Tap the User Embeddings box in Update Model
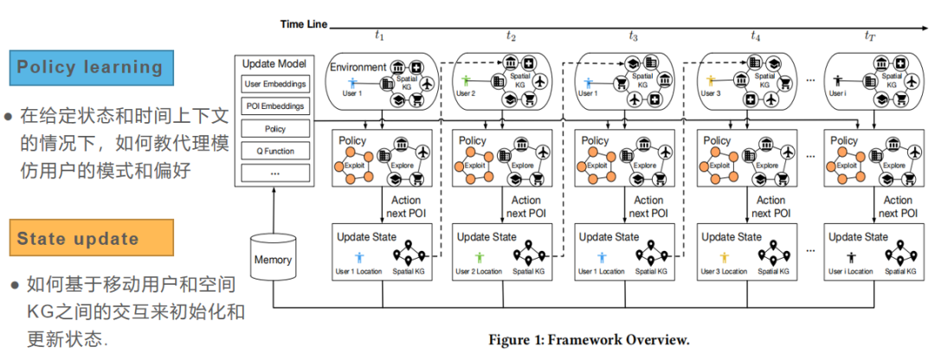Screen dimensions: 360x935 [x=274, y=85]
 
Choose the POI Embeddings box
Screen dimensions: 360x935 [x=274, y=106]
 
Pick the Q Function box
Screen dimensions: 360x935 [x=274, y=150]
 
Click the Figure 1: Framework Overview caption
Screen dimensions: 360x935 [x=589, y=339]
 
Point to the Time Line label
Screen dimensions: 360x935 [x=303, y=24]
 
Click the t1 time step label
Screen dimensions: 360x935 [x=379, y=35]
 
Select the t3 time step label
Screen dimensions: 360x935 [x=634, y=35]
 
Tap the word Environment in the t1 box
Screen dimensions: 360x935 [x=357, y=66]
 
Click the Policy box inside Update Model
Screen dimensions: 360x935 [x=274, y=128]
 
